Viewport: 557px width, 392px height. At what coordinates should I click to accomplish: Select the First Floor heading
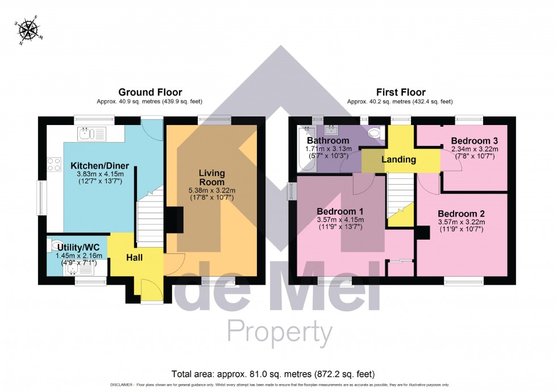(x=401, y=92)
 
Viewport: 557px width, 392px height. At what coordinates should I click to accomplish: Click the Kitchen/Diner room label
(x=99, y=166)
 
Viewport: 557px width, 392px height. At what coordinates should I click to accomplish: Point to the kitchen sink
(x=92, y=134)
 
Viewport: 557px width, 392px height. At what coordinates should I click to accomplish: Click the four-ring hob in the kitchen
(x=54, y=165)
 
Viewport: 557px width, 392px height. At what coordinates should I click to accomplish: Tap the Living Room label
(x=212, y=177)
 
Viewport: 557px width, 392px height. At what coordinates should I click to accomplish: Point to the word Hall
(x=134, y=258)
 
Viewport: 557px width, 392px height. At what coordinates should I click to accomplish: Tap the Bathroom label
(x=327, y=140)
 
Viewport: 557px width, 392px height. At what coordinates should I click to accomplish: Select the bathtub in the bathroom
(x=303, y=148)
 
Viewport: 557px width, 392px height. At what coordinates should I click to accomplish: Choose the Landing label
(x=398, y=160)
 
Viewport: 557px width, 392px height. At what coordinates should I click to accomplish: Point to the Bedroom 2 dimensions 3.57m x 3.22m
(x=460, y=222)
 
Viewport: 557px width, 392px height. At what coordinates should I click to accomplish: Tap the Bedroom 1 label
(x=339, y=211)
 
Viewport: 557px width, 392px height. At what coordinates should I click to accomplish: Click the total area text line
(x=273, y=374)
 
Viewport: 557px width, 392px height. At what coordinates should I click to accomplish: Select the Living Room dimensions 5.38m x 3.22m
(x=212, y=190)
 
